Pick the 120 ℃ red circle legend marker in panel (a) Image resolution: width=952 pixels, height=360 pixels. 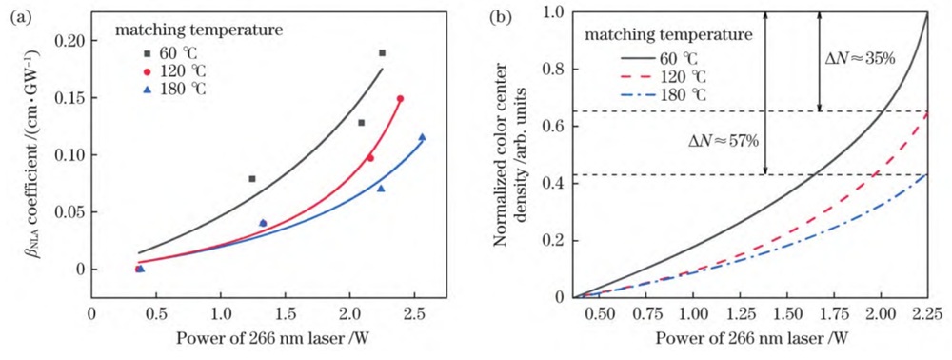[x=139, y=70]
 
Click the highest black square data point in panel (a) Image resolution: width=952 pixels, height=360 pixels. [x=383, y=52]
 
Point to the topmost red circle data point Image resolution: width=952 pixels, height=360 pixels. [x=400, y=98]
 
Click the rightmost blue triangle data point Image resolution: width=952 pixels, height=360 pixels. [x=422, y=137]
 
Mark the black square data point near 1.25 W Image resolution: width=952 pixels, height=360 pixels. [x=252, y=179]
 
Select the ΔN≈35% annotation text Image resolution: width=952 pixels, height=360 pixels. [x=858, y=58]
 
